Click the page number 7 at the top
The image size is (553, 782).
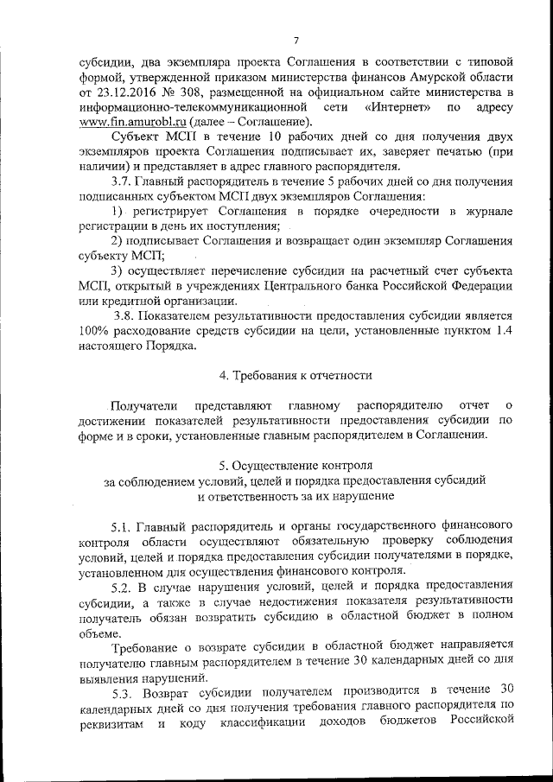(x=296, y=40)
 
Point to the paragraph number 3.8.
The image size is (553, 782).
(x=127, y=316)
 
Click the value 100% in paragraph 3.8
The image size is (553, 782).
(x=96, y=332)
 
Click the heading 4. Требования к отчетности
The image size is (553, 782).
(x=296, y=375)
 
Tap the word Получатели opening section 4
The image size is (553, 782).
(x=144, y=404)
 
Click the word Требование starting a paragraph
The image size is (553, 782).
(x=150, y=645)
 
